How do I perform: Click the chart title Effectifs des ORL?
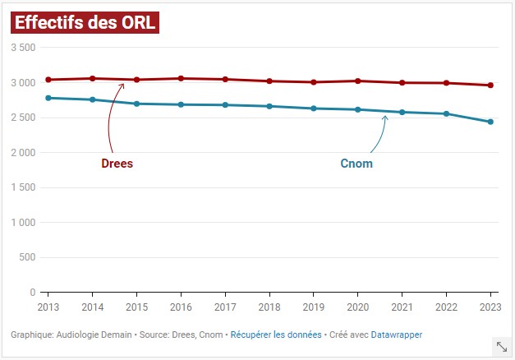(x=84, y=22)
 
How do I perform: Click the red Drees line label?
(x=117, y=164)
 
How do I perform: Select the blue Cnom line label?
(x=356, y=164)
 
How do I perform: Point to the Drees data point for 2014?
(x=92, y=78)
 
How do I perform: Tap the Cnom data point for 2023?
(x=490, y=122)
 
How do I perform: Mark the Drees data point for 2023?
(x=490, y=85)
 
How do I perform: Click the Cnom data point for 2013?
(x=48, y=98)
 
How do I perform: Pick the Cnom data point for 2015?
(x=136, y=104)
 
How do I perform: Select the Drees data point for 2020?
(x=357, y=81)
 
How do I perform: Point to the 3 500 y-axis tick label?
(x=22, y=48)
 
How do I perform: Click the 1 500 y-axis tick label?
(x=22, y=187)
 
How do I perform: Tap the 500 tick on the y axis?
(x=27, y=257)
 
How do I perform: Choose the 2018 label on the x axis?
(x=269, y=307)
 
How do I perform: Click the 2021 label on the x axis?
(x=402, y=307)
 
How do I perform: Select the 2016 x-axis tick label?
(x=180, y=307)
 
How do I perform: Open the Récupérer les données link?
(x=276, y=335)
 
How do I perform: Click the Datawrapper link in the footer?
(x=397, y=335)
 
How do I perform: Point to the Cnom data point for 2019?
(x=313, y=108)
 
